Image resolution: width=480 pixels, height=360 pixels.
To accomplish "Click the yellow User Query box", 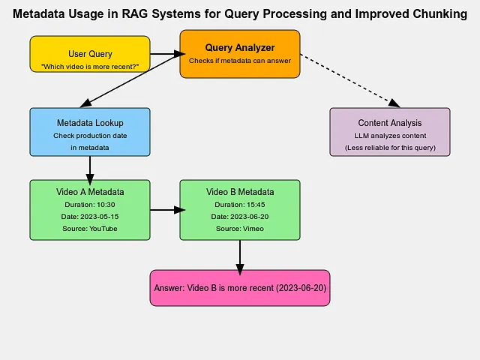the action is pyautogui.click(x=90, y=54).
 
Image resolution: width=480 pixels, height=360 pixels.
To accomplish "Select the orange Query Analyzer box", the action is pyautogui.click(x=240, y=54).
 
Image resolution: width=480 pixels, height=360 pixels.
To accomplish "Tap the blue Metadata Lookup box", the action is pyautogui.click(x=90, y=132).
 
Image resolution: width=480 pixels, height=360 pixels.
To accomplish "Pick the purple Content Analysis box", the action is pyautogui.click(x=390, y=132).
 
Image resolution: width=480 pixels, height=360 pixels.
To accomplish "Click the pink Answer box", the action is pyautogui.click(x=240, y=288).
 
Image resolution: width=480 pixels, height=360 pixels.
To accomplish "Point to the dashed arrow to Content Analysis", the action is pyautogui.click(x=350, y=81).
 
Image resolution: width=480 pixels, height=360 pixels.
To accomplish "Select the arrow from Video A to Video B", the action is pyautogui.click(x=168, y=210).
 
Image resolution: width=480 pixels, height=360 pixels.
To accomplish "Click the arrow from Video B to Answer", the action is pyautogui.click(x=240, y=258).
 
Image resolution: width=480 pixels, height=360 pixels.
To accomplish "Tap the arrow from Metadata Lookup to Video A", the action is pyautogui.click(x=90, y=170).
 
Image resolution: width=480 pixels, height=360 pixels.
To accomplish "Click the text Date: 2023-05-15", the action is pyautogui.click(x=90, y=217).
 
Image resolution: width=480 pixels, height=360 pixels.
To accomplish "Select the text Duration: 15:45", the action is pyautogui.click(x=240, y=205).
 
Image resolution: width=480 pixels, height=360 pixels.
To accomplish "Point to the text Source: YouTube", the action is pyautogui.click(x=90, y=229).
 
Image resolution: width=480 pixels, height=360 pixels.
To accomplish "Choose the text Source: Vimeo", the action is pyautogui.click(x=240, y=229).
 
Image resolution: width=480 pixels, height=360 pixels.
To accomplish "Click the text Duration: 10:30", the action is pyautogui.click(x=90, y=205).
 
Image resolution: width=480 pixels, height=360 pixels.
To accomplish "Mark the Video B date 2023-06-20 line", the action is pyautogui.click(x=240, y=217).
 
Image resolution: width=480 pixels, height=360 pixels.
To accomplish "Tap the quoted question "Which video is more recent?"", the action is pyautogui.click(x=90, y=67).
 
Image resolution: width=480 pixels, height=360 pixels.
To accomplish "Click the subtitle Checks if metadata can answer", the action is pyautogui.click(x=240, y=61).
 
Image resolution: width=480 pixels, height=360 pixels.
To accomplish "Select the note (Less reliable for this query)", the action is pyautogui.click(x=390, y=148).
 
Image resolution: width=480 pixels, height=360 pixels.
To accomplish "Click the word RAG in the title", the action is pyautogui.click(x=134, y=14).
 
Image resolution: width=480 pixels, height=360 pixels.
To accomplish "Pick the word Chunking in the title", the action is pyautogui.click(x=440, y=14).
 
